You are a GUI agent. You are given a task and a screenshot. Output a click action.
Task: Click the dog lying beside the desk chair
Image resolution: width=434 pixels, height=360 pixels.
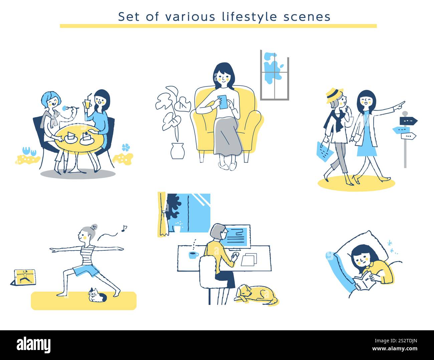point(256,294)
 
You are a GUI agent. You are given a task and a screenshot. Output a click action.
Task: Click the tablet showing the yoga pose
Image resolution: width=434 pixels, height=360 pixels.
point(23,277)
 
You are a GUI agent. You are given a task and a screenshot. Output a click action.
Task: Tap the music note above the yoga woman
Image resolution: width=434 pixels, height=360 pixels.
point(124,228)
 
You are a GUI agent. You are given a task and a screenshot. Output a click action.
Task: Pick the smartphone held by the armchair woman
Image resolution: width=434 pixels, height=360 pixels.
point(222,102)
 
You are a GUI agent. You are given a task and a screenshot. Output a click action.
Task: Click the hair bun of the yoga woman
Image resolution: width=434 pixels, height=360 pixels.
point(95,227)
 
